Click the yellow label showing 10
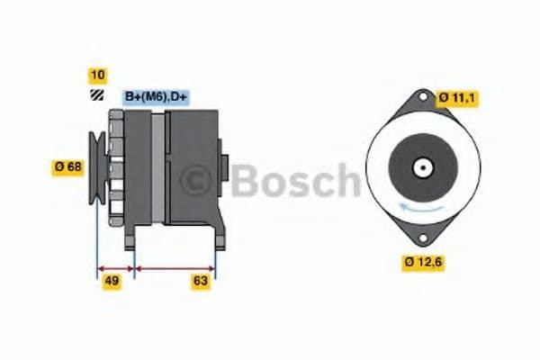(97, 76)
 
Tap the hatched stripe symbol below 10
(97, 94)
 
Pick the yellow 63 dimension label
(201, 282)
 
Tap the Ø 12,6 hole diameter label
(424, 263)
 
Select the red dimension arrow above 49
(115, 267)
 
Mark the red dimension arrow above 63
(175, 267)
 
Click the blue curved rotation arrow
(421, 210)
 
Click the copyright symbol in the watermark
(196, 181)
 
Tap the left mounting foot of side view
(130, 238)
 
